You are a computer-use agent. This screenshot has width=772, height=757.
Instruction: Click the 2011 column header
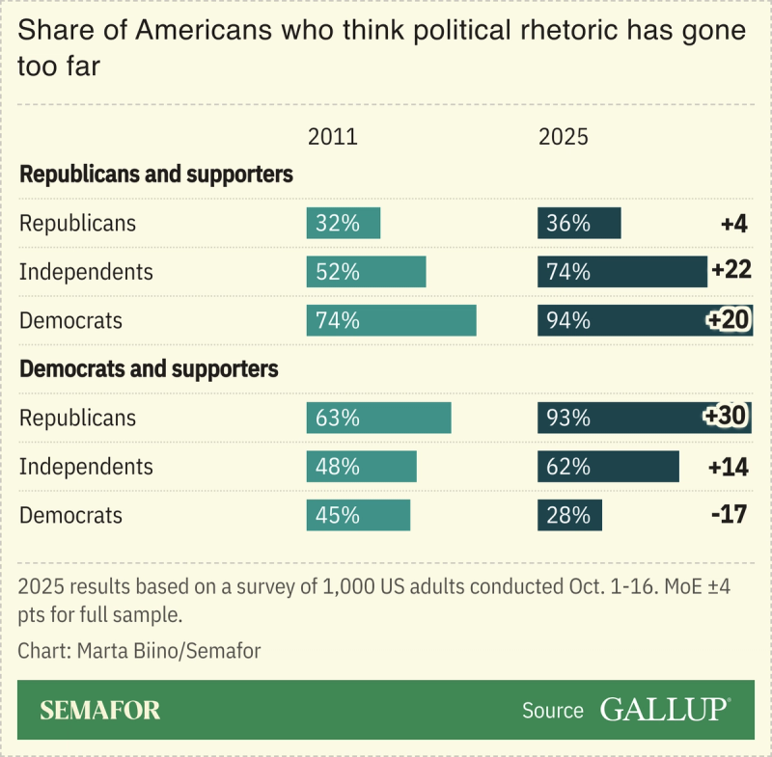tap(332, 137)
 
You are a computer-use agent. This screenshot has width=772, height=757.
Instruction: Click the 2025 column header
tap(563, 137)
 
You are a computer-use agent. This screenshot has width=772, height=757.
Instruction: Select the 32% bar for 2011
tap(344, 223)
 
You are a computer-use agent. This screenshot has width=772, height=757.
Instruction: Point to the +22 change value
tap(731, 271)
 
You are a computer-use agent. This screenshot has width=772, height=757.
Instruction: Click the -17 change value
tap(729, 514)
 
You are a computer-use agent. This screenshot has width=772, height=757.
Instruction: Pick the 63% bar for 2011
tap(378, 418)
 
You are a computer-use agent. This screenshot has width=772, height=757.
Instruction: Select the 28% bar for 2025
tap(569, 514)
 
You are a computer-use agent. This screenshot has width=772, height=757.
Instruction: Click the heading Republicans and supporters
tap(156, 176)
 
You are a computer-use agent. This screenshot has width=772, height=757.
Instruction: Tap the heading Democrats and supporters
tap(149, 369)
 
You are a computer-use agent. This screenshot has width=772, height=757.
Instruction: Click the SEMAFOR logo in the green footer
tap(100, 711)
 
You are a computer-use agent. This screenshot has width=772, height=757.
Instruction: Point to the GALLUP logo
tap(665, 710)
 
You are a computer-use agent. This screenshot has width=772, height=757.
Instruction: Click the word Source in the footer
tap(553, 711)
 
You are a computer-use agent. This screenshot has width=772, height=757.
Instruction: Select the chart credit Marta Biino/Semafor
tap(139, 651)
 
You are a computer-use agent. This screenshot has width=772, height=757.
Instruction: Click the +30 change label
tap(726, 417)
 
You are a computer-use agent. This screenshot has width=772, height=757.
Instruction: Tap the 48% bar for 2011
tap(361, 466)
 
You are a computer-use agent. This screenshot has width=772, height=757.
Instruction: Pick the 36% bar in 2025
tap(579, 223)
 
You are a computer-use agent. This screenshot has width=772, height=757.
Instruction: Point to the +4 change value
tap(733, 223)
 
